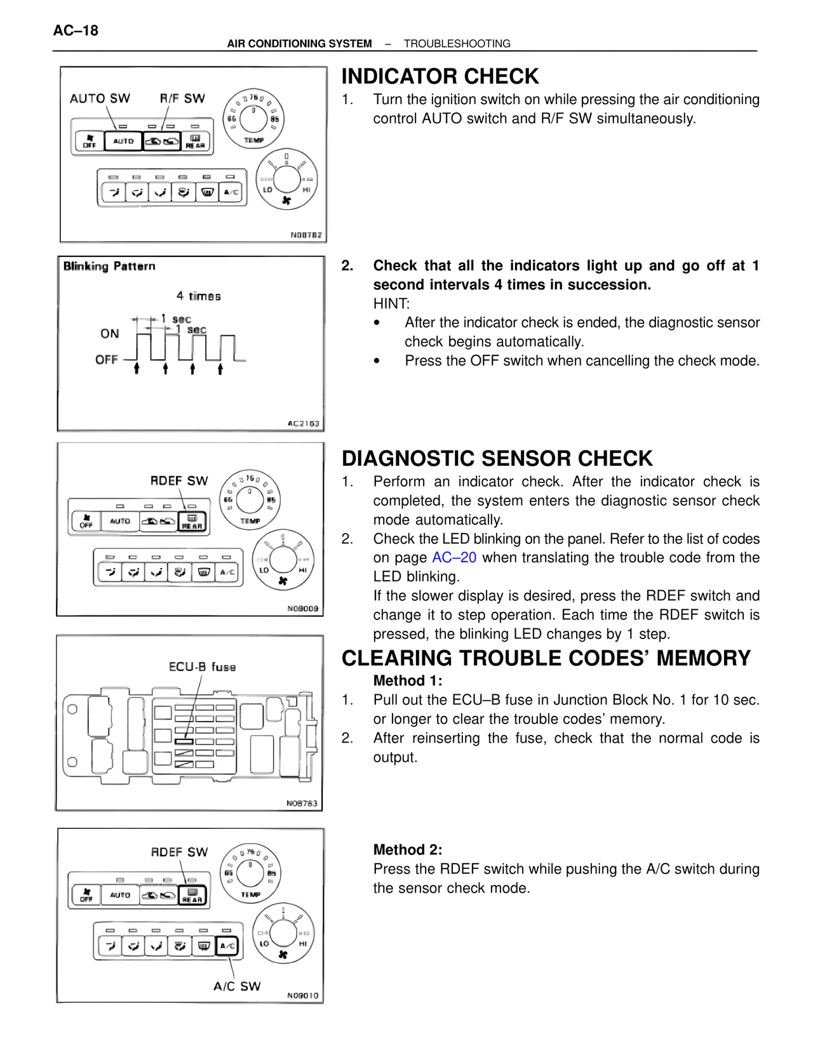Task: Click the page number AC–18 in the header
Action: tap(76, 30)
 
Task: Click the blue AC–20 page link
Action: tap(454, 558)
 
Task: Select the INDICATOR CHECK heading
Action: tap(440, 77)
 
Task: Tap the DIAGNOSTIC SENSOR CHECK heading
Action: tap(497, 458)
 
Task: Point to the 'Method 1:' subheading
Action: tap(408, 681)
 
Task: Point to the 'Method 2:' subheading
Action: tap(408, 850)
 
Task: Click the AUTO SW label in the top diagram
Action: tap(100, 98)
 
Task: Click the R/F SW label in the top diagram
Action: tap(182, 98)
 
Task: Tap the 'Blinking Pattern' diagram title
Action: tap(109, 266)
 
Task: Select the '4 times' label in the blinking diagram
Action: tap(198, 296)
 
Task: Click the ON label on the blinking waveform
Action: tap(109, 334)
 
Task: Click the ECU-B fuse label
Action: tap(202, 667)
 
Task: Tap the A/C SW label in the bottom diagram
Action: tap(237, 986)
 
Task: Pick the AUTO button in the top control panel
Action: tap(123, 141)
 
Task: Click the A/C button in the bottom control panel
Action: tap(227, 946)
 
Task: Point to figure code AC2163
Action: tap(304, 423)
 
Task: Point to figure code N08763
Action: tap(302, 803)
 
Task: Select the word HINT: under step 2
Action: tap(391, 304)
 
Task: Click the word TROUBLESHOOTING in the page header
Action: tap(457, 44)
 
